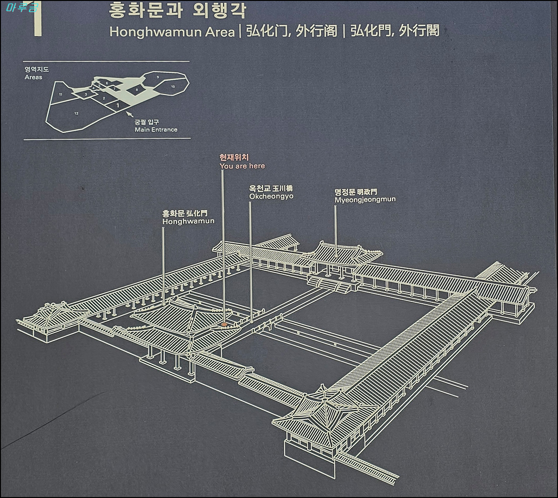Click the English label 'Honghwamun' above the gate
coord(188,221)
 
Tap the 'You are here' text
coord(242,166)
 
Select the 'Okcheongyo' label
coord(271,197)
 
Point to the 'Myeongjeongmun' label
coord(365,199)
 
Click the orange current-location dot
coord(224,324)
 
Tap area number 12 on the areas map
coord(76,114)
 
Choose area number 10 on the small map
coord(173,87)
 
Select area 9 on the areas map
coord(158,77)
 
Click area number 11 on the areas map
coord(60,95)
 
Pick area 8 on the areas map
coord(137,89)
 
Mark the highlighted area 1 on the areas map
coord(118,105)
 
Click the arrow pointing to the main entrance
coord(130,114)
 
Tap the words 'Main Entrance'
coord(156,130)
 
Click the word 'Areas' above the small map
coord(33,77)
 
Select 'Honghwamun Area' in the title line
coord(172,32)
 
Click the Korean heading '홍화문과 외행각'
coord(178,10)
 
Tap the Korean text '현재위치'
coord(234,157)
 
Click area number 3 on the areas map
coord(86,94)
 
